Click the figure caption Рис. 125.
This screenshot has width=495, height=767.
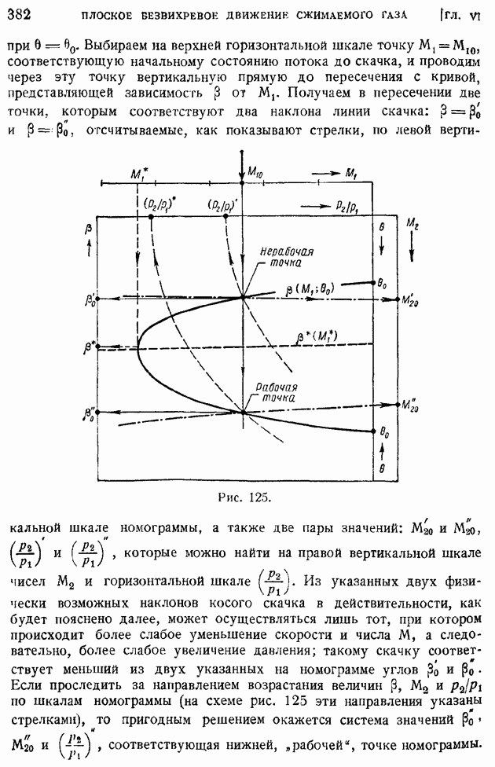point(244,497)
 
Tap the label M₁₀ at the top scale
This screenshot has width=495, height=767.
point(255,171)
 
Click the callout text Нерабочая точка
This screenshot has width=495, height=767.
point(286,257)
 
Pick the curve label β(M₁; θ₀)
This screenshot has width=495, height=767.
point(310,289)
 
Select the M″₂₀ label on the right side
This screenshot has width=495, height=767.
point(409,405)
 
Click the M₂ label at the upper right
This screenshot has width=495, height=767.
point(412,224)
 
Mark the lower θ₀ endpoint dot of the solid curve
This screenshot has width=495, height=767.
point(373,431)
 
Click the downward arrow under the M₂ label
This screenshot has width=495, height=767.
point(412,247)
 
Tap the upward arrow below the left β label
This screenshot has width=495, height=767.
point(89,250)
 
